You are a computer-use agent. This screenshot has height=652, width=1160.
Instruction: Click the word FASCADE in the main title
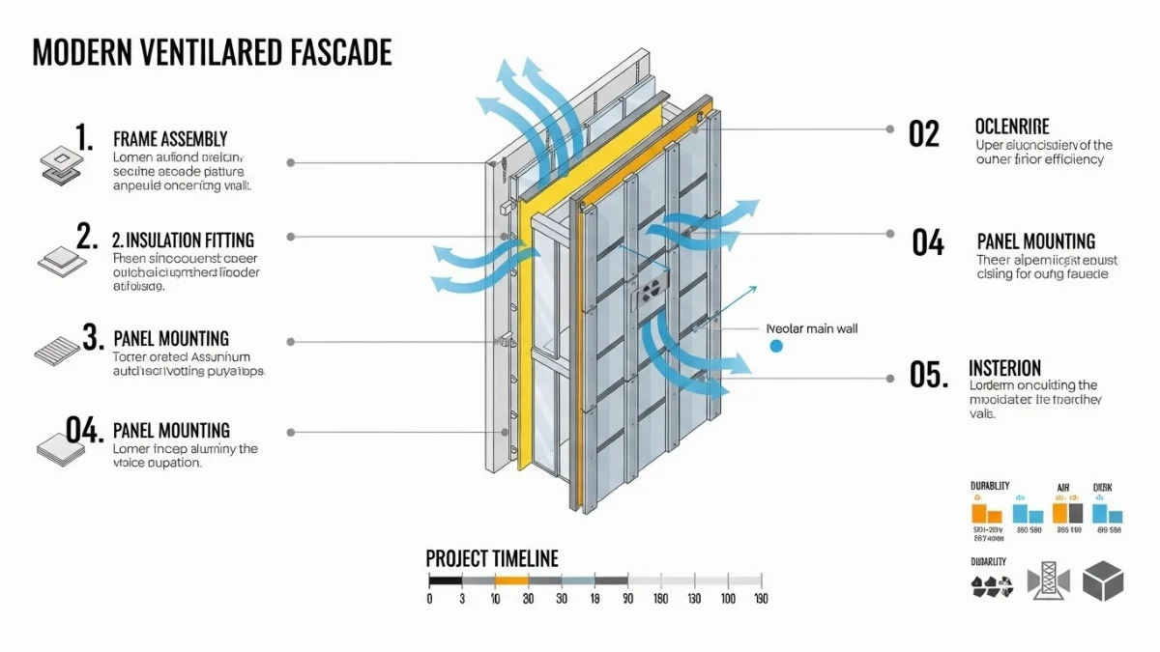tap(341, 52)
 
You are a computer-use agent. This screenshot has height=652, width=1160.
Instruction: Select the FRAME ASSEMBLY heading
tap(170, 139)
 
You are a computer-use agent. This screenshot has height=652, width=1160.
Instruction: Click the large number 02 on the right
tap(924, 134)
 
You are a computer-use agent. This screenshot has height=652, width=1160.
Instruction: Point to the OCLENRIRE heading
tap(1012, 128)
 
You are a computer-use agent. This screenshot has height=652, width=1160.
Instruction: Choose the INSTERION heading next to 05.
tap(1004, 368)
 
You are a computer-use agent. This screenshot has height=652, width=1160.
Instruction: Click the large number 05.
tap(928, 375)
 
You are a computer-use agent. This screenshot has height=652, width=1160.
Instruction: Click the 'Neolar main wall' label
tap(811, 328)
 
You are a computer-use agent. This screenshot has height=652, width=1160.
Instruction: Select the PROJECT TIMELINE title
tap(492, 558)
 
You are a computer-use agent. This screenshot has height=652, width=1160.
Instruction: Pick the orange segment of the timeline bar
tap(511, 581)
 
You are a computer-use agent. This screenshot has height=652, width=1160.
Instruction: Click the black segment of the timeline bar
tap(446, 581)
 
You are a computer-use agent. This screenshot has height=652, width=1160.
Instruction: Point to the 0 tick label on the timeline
tap(430, 599)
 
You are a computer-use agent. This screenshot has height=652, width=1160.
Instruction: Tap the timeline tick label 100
tap(727, 599)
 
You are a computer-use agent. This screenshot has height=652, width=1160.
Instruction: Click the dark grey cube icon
tap(1103, 581)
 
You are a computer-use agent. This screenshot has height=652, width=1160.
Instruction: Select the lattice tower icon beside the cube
tap(1048, 581)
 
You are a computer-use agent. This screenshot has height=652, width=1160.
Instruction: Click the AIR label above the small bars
tap(1063, 488)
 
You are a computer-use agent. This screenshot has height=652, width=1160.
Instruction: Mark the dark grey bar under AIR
tap(1075, 514)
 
